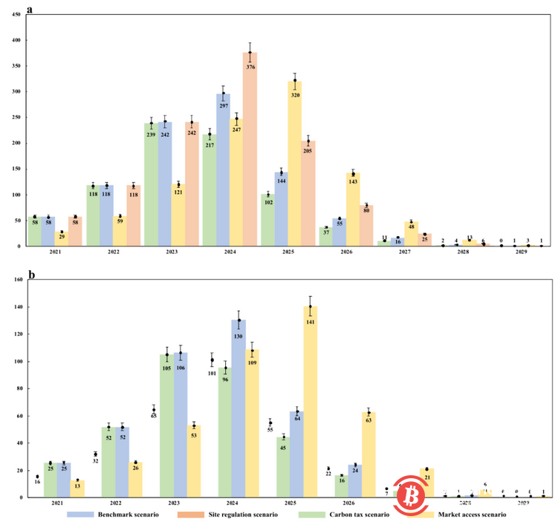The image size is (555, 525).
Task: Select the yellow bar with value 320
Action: (x=294, y=171)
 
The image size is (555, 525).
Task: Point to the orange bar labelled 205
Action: (x=308, y=200)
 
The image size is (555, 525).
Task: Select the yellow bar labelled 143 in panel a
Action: (x=352, y=215)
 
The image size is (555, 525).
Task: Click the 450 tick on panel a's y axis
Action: (x=16, y=18)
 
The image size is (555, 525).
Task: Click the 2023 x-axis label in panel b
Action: (x=166, y=503)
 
